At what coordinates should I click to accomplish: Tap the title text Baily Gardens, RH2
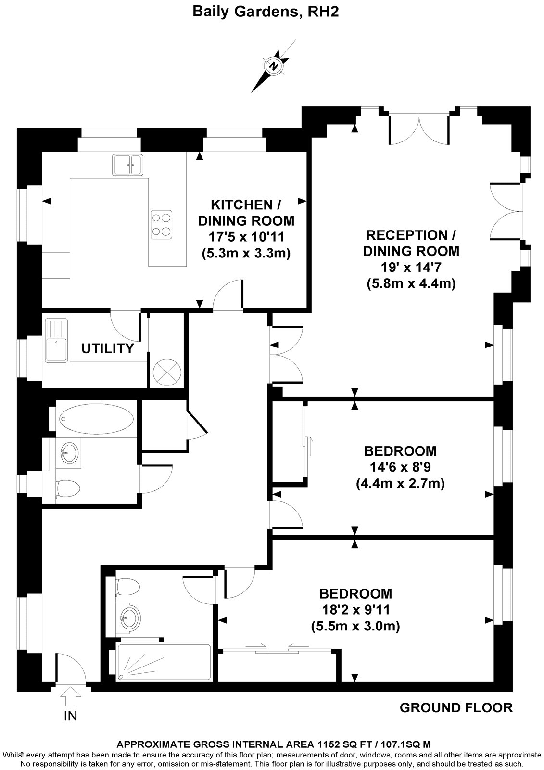click(266, 12)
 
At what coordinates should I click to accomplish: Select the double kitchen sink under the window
click(128, 165)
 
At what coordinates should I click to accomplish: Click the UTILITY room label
click(107, 348)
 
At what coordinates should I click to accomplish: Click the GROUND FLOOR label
click(456, 707)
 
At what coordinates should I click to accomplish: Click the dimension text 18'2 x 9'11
click(355, 610)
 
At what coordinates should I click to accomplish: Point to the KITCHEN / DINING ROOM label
click(246, 213)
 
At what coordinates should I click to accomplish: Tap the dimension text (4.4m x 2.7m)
click(400, 483)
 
